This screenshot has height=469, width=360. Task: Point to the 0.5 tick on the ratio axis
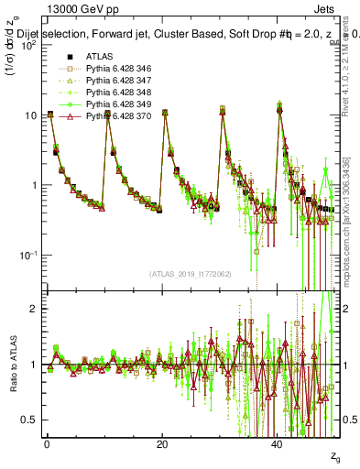coord(29,420)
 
